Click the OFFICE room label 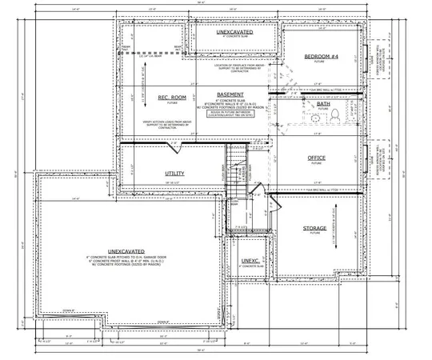click(317, 158)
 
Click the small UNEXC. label click(249, 261)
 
